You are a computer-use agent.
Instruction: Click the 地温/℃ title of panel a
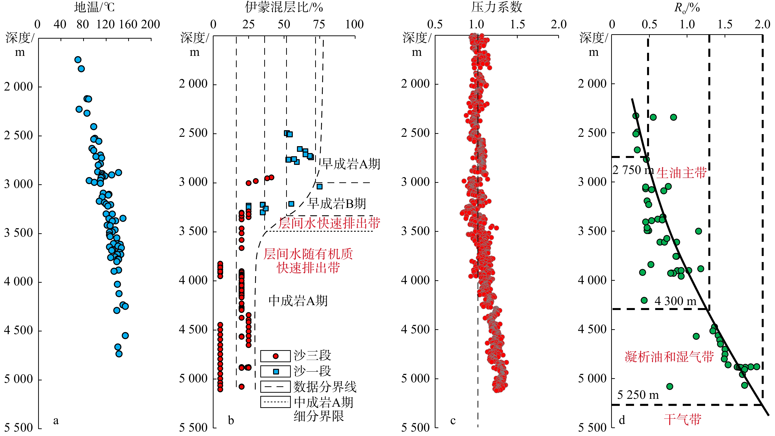tap(94, 7)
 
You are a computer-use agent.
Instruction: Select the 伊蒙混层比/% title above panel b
tap(284, 7)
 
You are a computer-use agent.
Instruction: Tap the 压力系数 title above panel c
tap(496, 7)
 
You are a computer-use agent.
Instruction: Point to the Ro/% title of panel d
tap(687, 8)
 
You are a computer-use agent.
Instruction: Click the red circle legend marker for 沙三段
tap(275, 356)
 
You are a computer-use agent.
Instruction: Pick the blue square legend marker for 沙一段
tap(276, 372)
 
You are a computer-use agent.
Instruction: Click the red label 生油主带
tap(681, 173)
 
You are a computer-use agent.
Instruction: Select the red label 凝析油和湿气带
tap(669, 357)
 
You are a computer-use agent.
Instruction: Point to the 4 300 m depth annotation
tap(675, 301)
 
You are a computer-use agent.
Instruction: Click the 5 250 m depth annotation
tap(638, 395)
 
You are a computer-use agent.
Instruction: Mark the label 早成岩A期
tap(351, 164)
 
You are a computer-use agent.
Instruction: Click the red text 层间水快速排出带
tap(329, 223)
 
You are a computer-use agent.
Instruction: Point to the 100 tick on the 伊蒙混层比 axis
tap(354, 24)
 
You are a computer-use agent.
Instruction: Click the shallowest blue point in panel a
tap(78, 60)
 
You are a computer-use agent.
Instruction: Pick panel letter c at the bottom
tap(453, 420)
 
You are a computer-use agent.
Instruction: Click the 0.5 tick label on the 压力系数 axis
tap(435, 24)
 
